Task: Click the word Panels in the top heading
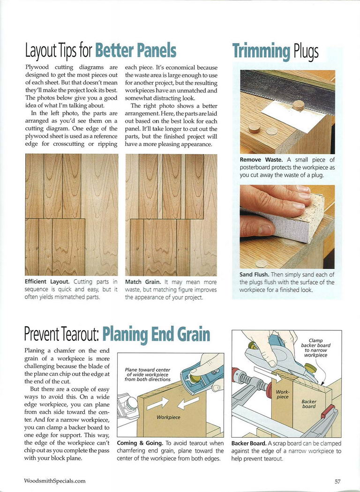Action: (x=154, y=50)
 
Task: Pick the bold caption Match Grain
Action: (x=143, y=282)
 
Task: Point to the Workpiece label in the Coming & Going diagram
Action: (x=168, y=416)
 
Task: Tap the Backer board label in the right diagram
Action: (x=309, y=404)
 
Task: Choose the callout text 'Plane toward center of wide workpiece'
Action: (x=147, y=374)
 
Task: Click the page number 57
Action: (x=337, y=481)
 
